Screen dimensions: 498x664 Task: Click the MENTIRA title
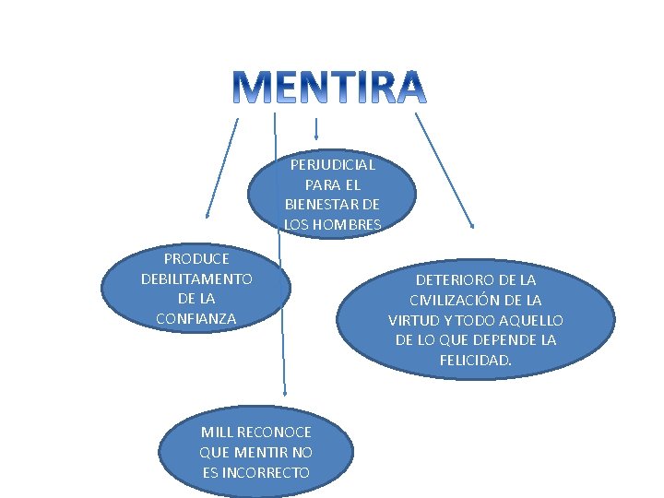(328, 87)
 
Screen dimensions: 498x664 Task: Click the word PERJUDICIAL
(332, 165)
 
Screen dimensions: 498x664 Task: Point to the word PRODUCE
(196, 258)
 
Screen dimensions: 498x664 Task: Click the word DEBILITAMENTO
(196, 279)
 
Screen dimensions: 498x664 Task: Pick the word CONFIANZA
(196, 318)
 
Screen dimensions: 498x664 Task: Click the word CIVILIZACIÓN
(468, 300)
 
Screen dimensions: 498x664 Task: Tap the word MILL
(217, 433)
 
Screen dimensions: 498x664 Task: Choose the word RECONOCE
(274, 433)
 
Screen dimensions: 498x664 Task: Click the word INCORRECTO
(267, 473)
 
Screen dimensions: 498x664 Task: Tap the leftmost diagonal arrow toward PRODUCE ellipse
(222, 166)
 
